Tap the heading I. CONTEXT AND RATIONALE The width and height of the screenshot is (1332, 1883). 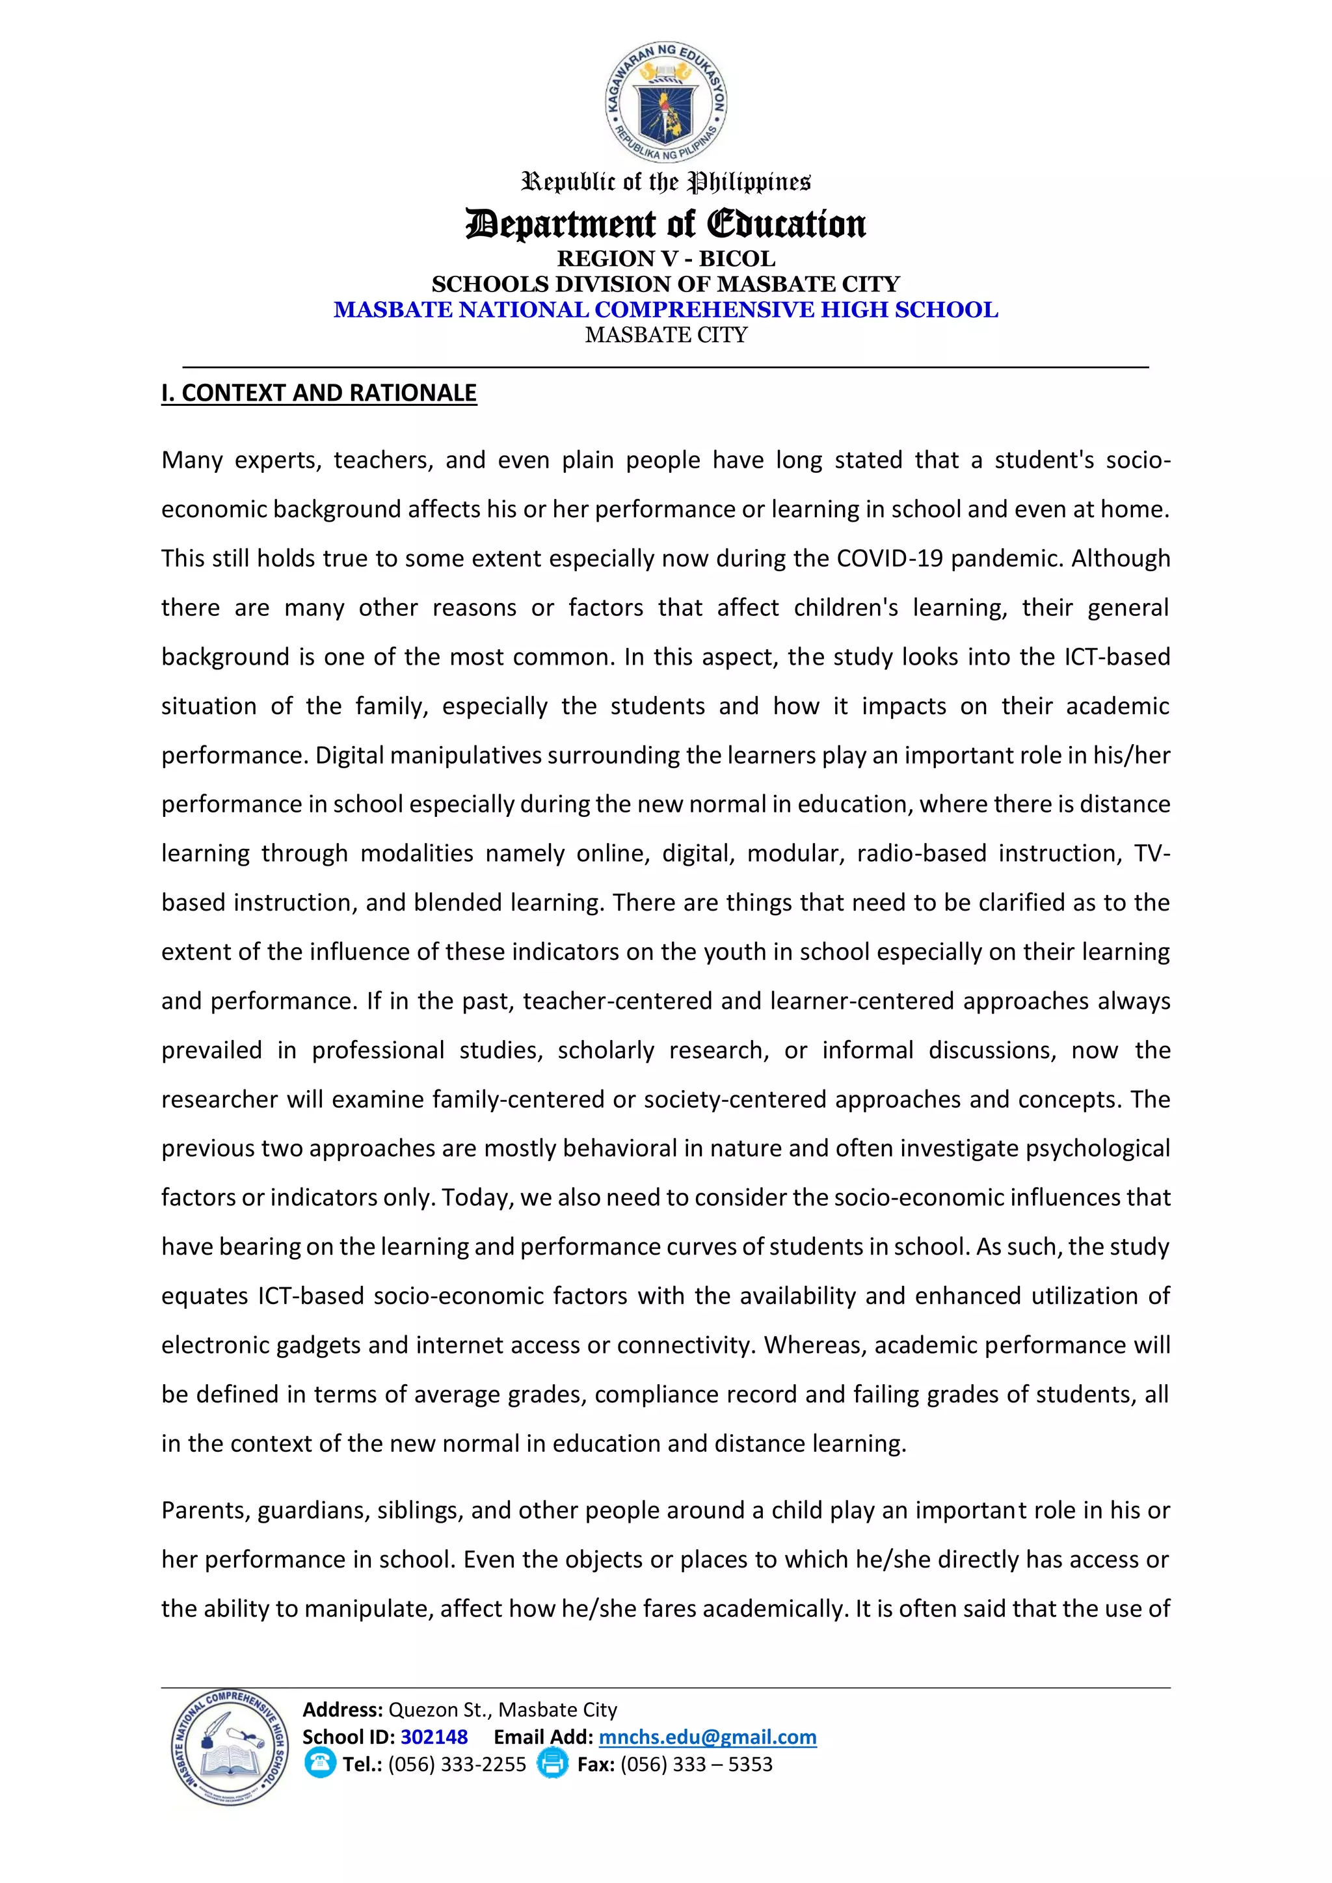point(319,393)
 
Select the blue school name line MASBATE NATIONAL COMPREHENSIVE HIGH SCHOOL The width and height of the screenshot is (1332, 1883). point(665,310)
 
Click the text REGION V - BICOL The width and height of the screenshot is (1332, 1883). point(665,258)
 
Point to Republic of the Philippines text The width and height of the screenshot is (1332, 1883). point(665,181)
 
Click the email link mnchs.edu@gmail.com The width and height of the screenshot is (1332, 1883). point(707,1737)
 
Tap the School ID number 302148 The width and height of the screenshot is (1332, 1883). point(434,1737)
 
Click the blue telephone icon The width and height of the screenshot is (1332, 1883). point(319,1764)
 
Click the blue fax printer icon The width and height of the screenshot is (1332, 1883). point(552,1764)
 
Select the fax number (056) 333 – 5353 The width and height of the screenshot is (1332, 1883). point(697,1764)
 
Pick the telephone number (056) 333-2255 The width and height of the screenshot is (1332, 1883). point(457,1764)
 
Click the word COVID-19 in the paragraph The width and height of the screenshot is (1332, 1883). point(889,559)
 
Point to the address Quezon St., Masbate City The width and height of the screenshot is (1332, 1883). point(502,1710)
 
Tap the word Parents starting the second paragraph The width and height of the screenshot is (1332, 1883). point(205,1511)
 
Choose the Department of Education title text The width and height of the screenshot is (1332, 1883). point(665,223)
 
